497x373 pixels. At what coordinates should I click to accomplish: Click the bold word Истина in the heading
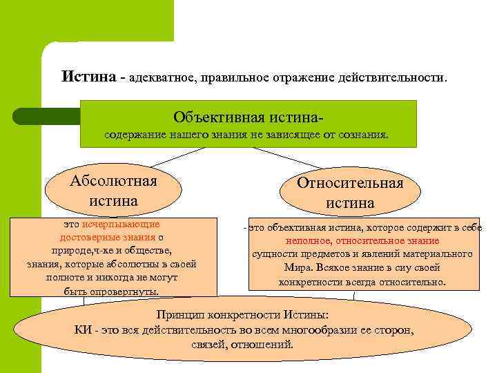(x=89, y=75)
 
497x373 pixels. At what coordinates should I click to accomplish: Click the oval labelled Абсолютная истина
(x=113, y=191)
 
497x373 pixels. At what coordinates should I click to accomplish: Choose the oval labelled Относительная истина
(x=350, y=193)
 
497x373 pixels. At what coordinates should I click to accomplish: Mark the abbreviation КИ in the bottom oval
(x=83, y=329)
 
